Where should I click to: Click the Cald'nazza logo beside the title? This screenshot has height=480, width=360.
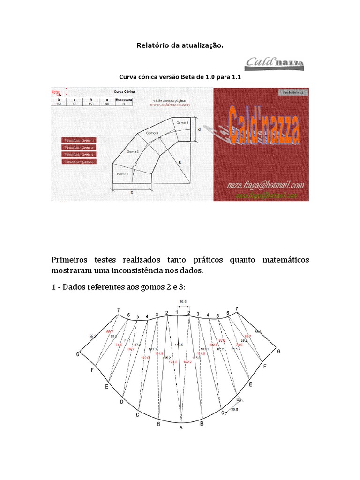click(275, 64)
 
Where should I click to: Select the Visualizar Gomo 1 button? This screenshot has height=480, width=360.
click(79, 140)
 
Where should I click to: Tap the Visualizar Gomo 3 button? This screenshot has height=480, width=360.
click(79, 154)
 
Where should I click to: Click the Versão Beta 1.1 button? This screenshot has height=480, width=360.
click(292, 93)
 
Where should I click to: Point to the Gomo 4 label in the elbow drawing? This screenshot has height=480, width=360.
click(182, 122)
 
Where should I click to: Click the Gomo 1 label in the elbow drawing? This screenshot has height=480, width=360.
click(122, 174)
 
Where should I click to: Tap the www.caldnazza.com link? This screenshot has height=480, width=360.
click(169, 105)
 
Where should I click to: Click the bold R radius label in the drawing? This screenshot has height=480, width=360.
click(180, 162)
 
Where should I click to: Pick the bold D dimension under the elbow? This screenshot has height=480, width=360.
click(132, 193)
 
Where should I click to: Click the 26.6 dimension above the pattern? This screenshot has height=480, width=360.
click(183, 302)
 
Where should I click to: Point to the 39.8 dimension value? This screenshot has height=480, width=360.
click(235, 409)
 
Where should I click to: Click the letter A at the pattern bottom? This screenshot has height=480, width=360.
click(181, 427)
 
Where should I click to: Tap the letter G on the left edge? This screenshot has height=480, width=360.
click(77, 354)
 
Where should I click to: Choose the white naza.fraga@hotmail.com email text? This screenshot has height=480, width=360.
click(263, 185)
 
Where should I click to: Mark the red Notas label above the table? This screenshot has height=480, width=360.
click(56, 92)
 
